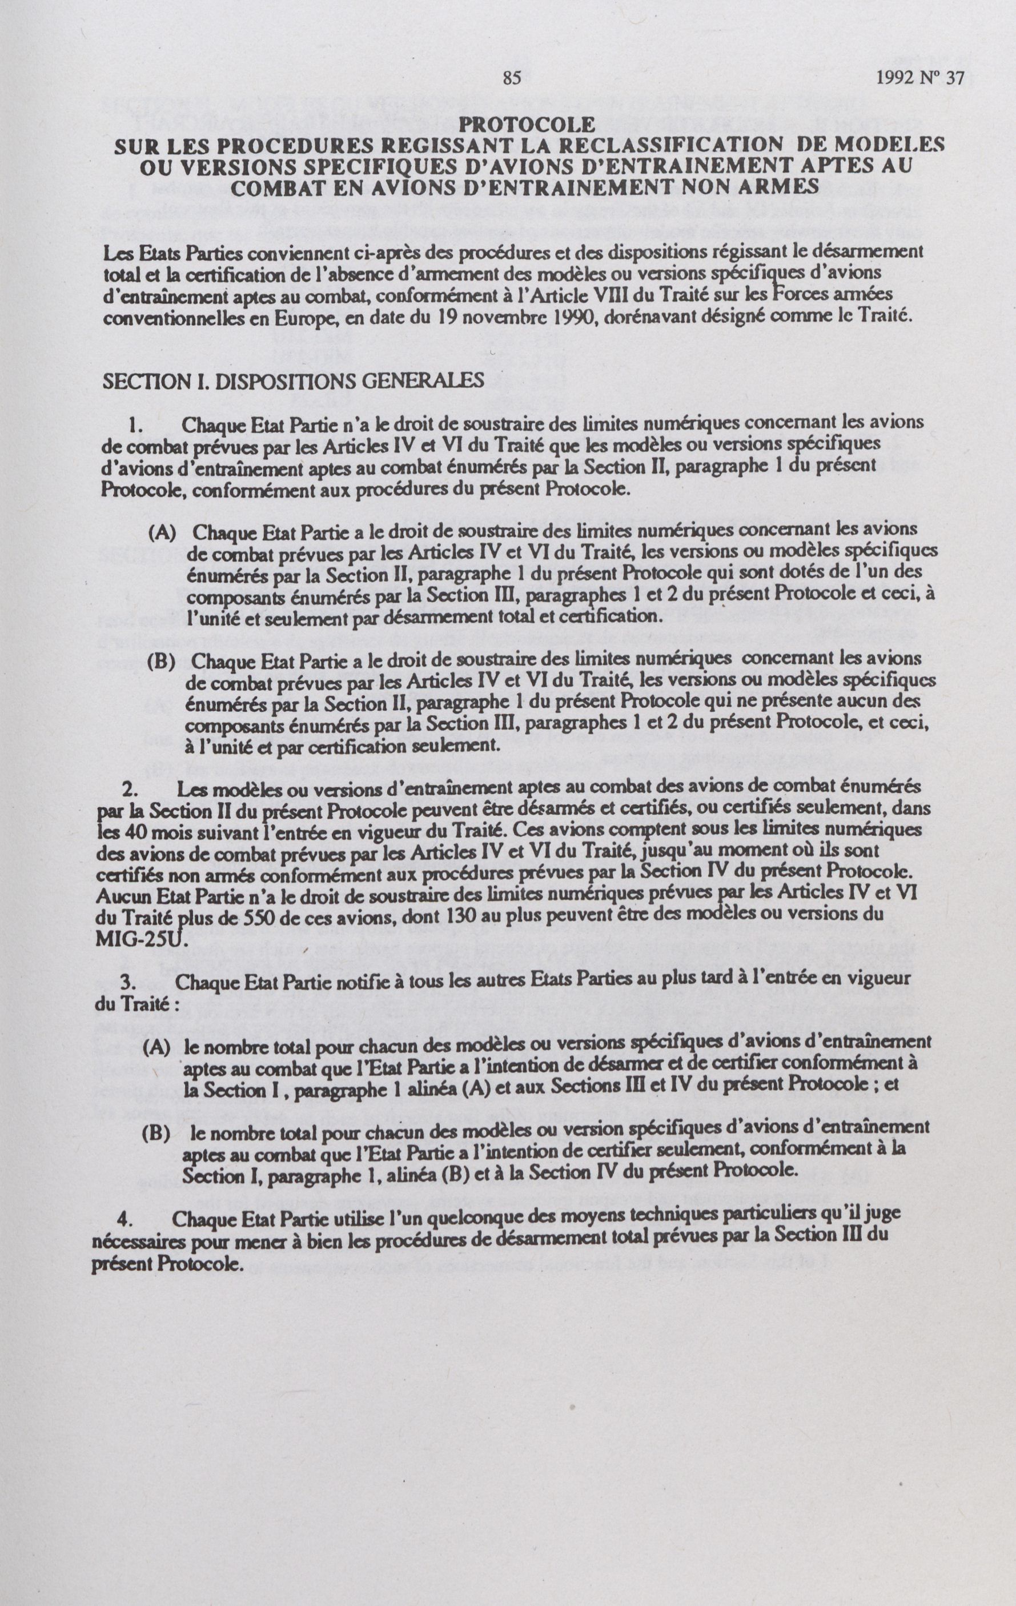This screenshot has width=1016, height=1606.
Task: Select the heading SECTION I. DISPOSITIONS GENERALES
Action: (x=294, y=381)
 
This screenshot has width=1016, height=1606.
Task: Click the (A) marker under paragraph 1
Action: (x=163, y=532)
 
